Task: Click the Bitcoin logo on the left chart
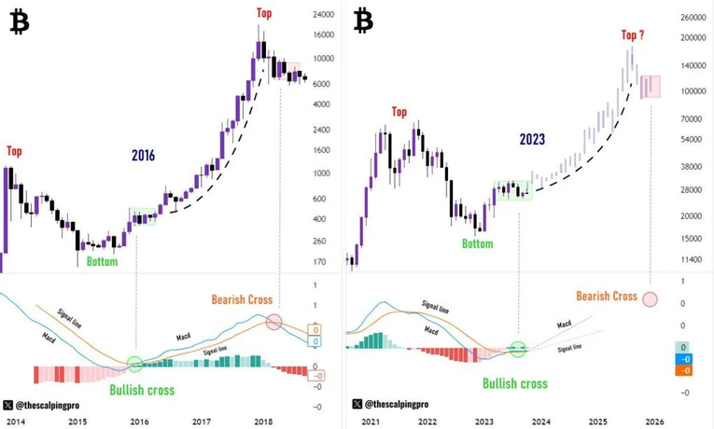19,23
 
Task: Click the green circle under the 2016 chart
135,364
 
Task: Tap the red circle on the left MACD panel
273,323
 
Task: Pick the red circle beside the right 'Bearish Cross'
650,299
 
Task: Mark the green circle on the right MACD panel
518,348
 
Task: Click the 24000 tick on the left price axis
324,15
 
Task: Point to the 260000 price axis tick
691,18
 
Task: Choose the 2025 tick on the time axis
597,422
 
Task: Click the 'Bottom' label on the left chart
102,262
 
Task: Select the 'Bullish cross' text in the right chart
515,382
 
